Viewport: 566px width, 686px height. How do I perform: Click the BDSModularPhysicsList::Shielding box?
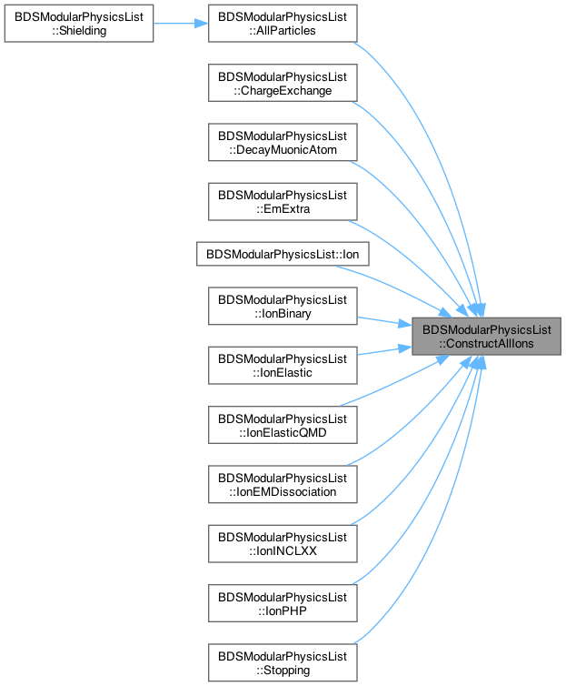tap(79, 24)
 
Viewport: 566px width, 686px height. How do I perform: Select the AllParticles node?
tap(283, 24)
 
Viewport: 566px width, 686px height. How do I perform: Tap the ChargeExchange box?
tap(283, 83)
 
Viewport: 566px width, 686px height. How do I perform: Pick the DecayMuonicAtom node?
tap(283, 142)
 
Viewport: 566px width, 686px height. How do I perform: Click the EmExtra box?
tap(283, 202)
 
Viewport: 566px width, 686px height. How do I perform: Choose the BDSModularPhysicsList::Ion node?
tap(283, 254)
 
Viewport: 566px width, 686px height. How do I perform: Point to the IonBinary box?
tap(283, 307)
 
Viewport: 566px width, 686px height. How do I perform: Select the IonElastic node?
tap(283, 366)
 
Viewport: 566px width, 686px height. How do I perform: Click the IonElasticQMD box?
tap(283, 425)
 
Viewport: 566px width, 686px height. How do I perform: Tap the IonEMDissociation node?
tap(283, 484)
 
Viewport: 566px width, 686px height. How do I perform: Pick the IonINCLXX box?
tap(283, 544)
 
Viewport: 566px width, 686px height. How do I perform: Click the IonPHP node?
tap(283, 603)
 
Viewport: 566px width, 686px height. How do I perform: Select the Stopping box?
tap(283, 662)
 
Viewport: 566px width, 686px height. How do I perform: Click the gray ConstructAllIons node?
tap(487, 337)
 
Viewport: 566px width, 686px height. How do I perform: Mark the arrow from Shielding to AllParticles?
tap(181, 24)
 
